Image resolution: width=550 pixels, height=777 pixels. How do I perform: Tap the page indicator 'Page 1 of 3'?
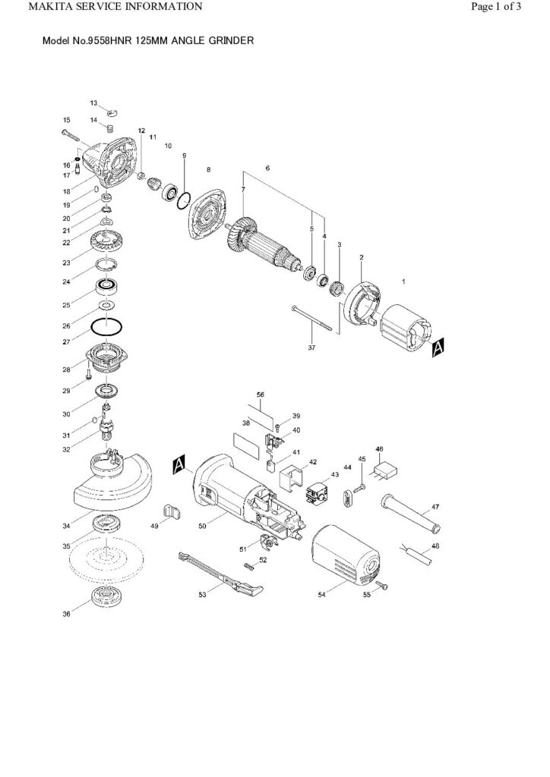click(496, 6)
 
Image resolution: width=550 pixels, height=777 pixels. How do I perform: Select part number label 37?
click(311, 348)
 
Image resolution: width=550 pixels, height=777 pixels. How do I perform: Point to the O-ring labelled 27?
click(106, 327)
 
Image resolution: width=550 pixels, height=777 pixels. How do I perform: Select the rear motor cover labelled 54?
click(346, 557)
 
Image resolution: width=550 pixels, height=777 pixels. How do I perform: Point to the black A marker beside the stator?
click(438, 348)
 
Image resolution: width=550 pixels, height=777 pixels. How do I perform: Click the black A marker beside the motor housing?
click(179, 464)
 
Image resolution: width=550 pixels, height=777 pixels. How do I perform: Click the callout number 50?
click(202, 526)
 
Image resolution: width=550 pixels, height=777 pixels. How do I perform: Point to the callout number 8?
click(208, 169)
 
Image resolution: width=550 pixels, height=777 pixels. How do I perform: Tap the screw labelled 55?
click(381, 587)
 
